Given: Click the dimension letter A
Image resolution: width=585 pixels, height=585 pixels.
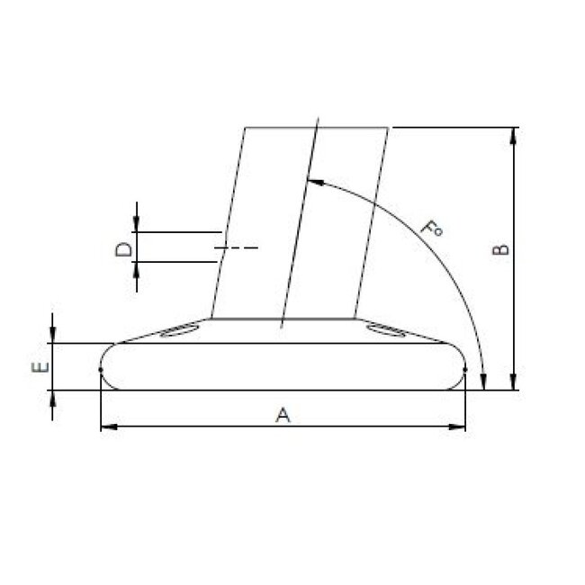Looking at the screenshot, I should (283, 414).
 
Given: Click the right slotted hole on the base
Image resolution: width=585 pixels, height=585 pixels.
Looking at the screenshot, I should (388, 331).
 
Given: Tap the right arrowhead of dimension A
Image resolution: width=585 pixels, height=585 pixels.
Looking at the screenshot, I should (461, 425).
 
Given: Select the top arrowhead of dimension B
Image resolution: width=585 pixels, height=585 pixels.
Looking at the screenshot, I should (514, 134).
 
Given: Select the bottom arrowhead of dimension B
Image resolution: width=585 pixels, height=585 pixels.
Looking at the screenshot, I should (514, 383).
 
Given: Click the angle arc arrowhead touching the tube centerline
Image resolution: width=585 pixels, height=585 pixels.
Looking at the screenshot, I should (311, 180).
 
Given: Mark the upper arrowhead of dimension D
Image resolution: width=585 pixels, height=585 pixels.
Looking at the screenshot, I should (137, 225).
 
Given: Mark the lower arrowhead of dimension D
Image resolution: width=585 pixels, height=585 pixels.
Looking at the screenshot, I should (137, 268).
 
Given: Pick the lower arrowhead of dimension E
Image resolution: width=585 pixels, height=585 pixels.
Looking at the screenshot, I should (54, 396).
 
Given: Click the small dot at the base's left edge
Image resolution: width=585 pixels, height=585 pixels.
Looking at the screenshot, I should (101, 368).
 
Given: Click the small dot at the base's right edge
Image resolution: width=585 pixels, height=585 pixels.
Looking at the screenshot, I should (465, 368).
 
